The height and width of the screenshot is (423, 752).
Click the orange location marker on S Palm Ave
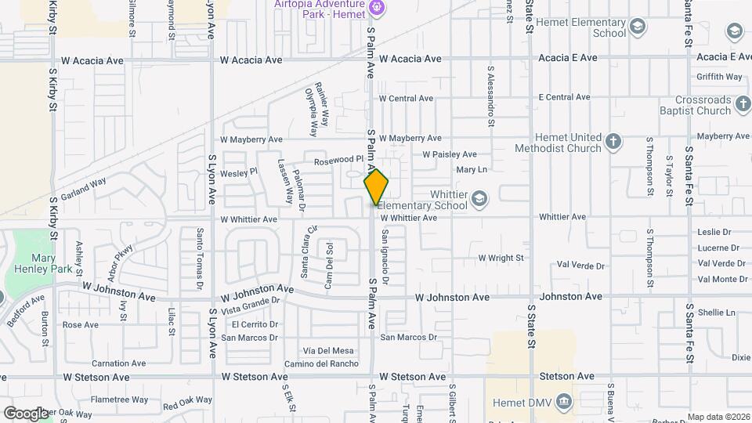[x=376, y=188]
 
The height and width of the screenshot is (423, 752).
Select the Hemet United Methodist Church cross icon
[x=613, y=142]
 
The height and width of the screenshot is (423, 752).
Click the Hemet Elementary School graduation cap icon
[x=638, y=28]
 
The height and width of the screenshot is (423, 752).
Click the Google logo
[x=26, y=413]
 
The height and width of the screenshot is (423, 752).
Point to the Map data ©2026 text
[x=718, y=417]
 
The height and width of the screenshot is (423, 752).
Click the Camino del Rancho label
[x=320, y=363]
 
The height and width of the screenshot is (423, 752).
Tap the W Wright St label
[x=501, y=257]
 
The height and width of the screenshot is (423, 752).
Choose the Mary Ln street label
[x=471, y=169]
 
